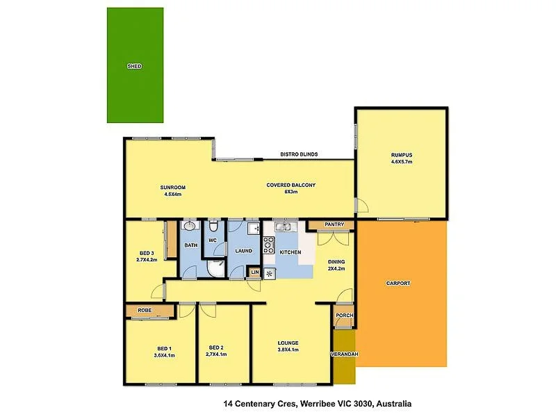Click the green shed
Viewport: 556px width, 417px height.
pos(135,65)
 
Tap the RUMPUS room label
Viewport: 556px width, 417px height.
pos(402,155)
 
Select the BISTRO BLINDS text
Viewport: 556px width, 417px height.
pos(299,154)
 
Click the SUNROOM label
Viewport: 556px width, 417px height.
pos(172,188)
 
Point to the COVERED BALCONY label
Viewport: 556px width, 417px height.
pos(291,185)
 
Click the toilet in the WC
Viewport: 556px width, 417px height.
pos(213,226)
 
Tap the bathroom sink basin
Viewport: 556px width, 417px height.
pos(190,225)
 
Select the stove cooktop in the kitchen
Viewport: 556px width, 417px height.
pos(269,245)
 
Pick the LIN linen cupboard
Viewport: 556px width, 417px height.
pos(255,272)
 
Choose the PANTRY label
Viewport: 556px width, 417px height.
pos(334,224)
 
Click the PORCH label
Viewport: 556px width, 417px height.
pos(344,316)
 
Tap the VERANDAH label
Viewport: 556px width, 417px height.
pos(344,354)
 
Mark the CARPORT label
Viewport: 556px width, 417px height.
pos(398,284)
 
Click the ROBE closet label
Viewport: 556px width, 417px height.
pos(145,310)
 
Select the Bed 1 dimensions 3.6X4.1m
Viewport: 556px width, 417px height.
pos(165,355)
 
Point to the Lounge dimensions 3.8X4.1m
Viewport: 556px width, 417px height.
pos(288,350)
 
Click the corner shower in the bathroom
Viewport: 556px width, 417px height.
pos(216,268)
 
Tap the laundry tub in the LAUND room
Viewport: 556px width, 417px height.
pos(254,229)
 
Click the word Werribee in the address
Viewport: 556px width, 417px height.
pos(316,404)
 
